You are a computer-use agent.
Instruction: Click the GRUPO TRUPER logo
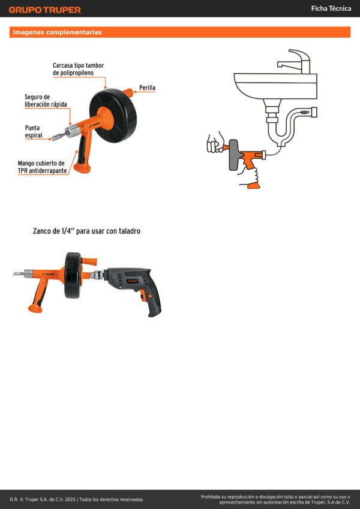[x=45, y=10]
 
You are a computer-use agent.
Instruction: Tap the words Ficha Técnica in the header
[x=331, y=9]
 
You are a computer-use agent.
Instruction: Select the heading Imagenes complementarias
[x=57, y=32]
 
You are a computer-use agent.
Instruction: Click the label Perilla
[x=147, y=88]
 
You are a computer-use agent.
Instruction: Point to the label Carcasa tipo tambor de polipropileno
[x=79, y=69]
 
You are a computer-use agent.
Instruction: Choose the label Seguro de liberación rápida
[x=46, y=101]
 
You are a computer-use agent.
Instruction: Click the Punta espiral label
[x=34, y=131]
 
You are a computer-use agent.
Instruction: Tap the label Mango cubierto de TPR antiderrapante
[x=42, y=167]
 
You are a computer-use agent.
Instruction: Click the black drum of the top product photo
[x=113, y=115]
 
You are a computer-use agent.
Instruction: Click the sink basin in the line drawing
[x=275, y=86]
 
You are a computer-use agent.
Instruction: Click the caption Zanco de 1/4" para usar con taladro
[x=87, y=231]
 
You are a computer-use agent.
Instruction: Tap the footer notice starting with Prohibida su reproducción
[x=275, y=499]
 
